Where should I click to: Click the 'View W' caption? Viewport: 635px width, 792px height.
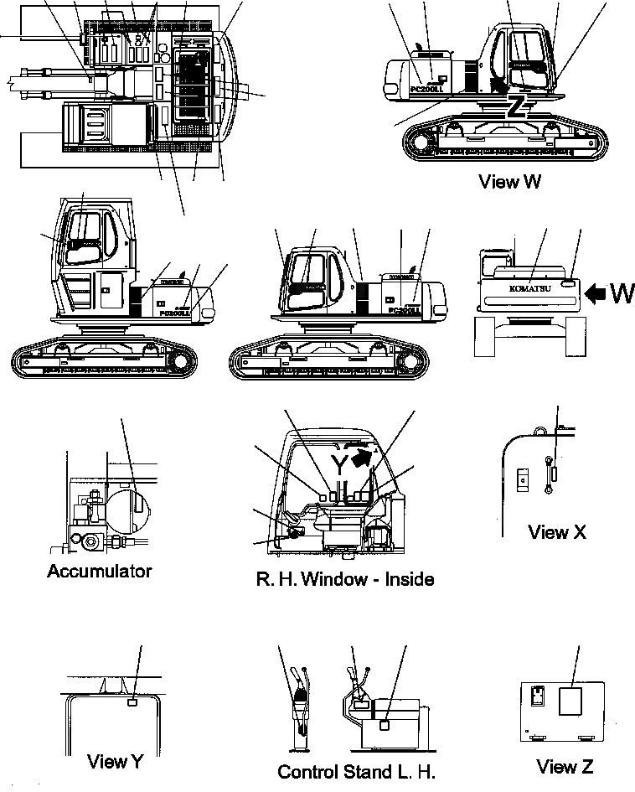pyautogui.click(x=509, y=181)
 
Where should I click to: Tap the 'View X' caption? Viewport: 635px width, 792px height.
pyautogui.click(x=557, y=531)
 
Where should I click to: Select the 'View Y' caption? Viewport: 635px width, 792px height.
pyautogui.click(x=115, y=761)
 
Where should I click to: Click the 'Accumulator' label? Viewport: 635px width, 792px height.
pyautogui.click(x=100, y=571)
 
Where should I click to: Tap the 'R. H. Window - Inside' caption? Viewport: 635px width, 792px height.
pyautogui.click(x=345, y=578)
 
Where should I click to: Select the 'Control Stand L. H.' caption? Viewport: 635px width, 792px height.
pyautogui.click(x=356, y=771)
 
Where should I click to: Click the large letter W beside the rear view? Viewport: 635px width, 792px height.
pyautogui.click(x=622, y=293)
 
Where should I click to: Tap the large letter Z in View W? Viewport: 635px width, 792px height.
pyautogui.click(x=517, y=106)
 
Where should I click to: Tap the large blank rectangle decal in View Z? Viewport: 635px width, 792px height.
pyautogui.click(x=570, y=701)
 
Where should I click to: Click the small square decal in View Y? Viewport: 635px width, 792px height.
pyautogui.click(x=132, y=701)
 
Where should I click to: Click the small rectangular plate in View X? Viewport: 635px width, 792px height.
pyautogui.click(x=521, y=478)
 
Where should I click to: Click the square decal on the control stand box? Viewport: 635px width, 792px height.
pyautogui.click(x=385, y=725)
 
